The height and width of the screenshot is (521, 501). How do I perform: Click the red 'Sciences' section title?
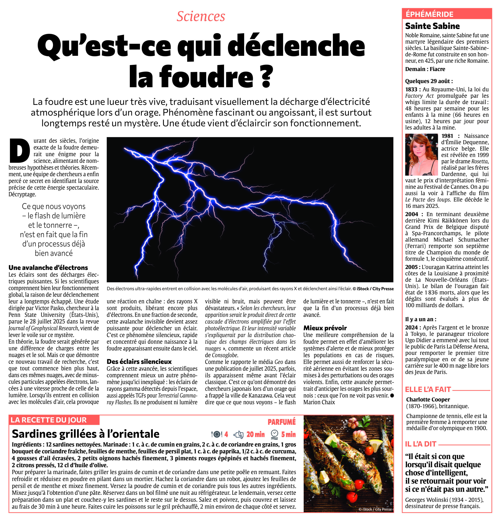[201, 16]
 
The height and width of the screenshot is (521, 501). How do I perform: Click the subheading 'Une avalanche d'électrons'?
[48, 267]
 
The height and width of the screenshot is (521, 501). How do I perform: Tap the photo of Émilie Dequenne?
[421, 155]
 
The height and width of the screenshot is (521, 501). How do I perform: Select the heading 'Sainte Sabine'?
[432, 26]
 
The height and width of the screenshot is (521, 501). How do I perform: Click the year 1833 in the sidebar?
[411, 89]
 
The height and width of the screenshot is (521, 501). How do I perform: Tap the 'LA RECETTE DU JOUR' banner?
[49, 420]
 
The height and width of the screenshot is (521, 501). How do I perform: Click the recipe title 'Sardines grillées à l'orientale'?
[86, 434]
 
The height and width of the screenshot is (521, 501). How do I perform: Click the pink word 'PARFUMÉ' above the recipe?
[281, 422]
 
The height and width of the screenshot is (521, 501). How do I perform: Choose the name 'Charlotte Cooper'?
[428, 400]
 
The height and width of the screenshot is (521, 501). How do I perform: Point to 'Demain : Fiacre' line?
[425, 69]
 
